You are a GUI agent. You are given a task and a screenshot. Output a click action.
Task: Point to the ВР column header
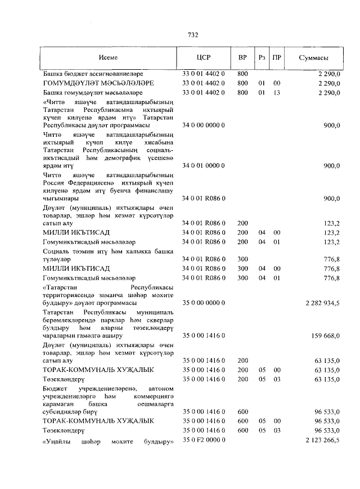tap(242, 58)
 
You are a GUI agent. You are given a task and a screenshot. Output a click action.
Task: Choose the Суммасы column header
tap(313, 58)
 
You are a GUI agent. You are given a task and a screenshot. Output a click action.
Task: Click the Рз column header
tap(262, 58)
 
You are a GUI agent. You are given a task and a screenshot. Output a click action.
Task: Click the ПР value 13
tap(276, 92)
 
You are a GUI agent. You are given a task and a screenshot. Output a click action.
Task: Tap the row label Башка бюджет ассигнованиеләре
tap(86, 74)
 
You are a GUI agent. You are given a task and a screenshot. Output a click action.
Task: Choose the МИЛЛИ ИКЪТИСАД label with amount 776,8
tap(76, 268)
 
